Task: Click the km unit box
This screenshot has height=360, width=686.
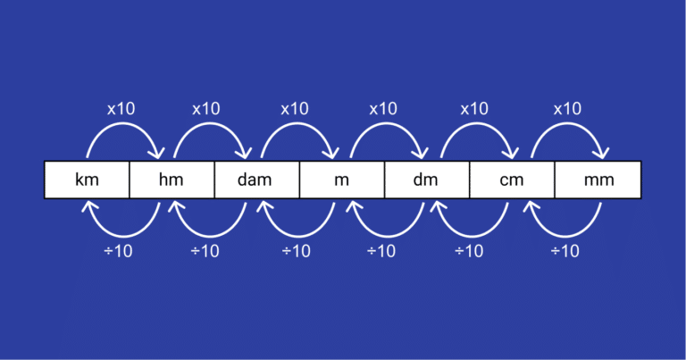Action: click(x=87, y=180)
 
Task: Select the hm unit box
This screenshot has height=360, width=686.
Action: click(x=171, y=180)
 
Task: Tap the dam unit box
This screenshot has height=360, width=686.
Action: click(x=257, y=180)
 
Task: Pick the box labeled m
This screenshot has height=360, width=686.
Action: click(x=342, y=180)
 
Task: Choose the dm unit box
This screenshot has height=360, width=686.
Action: click(x=427, y=180)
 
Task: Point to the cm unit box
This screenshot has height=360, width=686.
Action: click(x=513, y=180)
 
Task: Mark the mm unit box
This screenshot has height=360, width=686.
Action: click(x=598, y=180)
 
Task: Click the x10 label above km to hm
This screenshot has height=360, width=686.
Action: click(x=121, y=109)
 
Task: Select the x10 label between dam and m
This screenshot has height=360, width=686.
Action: click(x=295, y=109)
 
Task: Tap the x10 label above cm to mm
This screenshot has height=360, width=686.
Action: click(x=567, y=109)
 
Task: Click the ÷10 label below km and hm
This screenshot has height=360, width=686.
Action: click(x=118, y=251)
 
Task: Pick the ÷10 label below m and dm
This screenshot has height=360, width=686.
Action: click(x=381, y=251)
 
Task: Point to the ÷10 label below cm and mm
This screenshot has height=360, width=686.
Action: click(x=565, y=251)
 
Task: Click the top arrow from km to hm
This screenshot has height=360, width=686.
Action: click(x=123, y=124)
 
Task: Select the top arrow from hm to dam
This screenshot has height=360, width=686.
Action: click(x=211, y=124)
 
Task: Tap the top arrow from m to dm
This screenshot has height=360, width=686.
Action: click(x=387, y=124)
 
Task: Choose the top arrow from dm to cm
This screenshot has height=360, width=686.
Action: click(x=477, y=124)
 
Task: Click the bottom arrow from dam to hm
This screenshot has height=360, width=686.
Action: click(x=210, y=236)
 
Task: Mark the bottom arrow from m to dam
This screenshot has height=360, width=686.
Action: click(x=298, y=236)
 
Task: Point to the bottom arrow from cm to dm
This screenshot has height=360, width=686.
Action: click(x=472, y=236)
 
